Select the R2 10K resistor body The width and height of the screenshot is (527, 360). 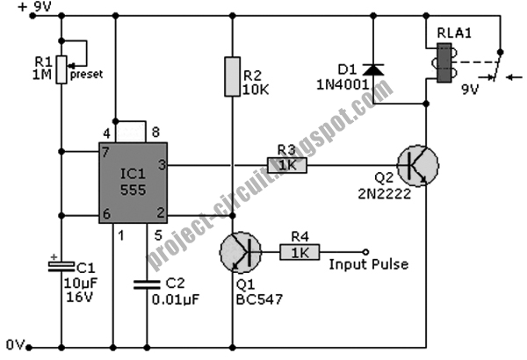click(x=232, y=76)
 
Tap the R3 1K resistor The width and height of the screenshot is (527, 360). click(x=287, y=165)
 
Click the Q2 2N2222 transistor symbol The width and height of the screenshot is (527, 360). click(x=416, y=165)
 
